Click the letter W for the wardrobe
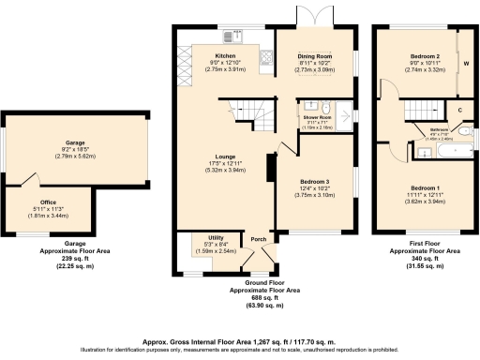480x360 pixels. coord(466,65)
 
